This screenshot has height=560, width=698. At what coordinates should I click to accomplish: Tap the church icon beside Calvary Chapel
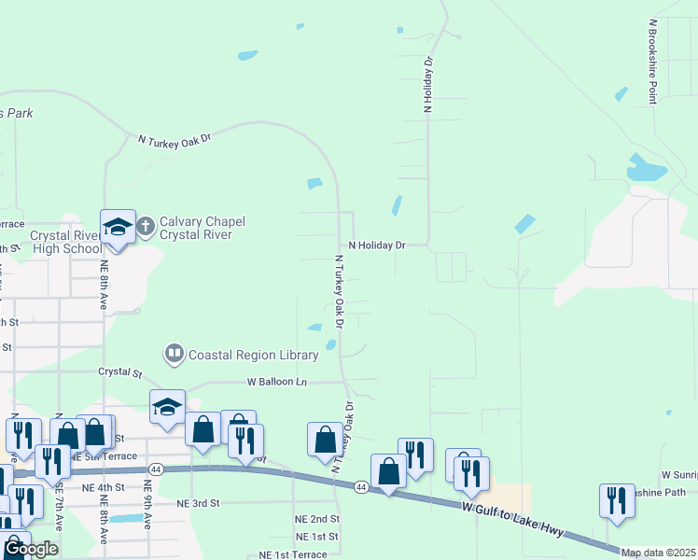tap(146, 226)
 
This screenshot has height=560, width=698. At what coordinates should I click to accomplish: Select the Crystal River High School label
tap(65, 243)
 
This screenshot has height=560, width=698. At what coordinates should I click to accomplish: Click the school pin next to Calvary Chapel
tap(119, 228)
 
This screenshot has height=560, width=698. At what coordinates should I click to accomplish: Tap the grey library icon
tap(174, 354)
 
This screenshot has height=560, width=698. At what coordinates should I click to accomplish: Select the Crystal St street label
tap(120, 371)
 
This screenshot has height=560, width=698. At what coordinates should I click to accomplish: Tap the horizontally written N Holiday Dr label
tap(378, 245)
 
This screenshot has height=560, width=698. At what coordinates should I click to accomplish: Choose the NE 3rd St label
tap(197, 502)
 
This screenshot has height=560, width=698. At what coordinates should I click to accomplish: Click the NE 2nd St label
tap(318, 519)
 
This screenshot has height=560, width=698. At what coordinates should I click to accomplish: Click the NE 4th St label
tap(103, 487)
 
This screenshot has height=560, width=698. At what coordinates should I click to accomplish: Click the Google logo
tap(31, 548)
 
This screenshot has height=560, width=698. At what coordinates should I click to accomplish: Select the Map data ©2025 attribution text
tap(659, 553)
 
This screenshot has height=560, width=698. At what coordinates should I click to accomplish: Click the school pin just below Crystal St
tap(168, 407)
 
